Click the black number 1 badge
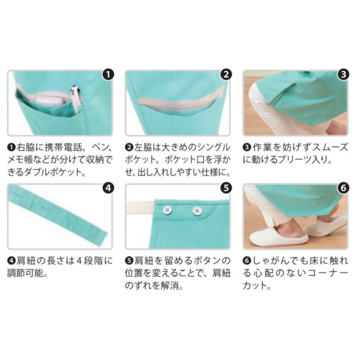coord(108,74)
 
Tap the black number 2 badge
coord(226,74)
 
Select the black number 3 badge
coord(344,74)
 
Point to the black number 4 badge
coord(108,188)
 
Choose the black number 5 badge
coord(226,188)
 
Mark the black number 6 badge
coord(344,188)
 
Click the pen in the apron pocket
coord(75,99)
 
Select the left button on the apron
coord(167,210)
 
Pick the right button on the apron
coord(197,211)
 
